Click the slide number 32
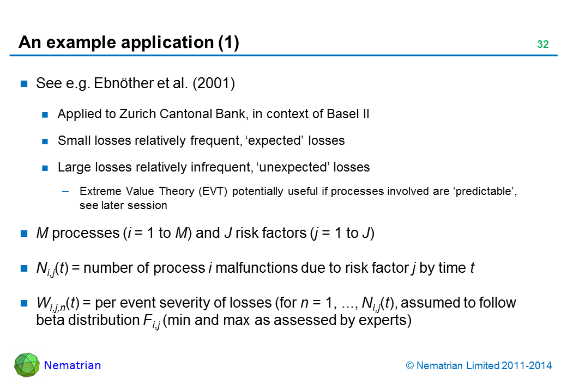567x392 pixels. click(x=543, y=44)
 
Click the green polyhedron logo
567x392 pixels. click(x=27, y=365)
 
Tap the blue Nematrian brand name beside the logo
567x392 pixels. click(x=73, y=365)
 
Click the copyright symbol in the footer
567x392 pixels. click(x=409, y=366)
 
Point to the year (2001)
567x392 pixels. click(x=214, y=83)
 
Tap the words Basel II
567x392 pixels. click(x=348, y=114)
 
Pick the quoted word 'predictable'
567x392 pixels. click(x=484, y=191)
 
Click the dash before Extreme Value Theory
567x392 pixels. click(x=65, y=192)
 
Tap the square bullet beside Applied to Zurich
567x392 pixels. click(x=45, y=115)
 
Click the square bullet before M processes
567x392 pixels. click(x=24, y=234)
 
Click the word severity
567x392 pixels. click(x=179, y=303)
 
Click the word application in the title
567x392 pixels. click(x=167, y=42)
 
